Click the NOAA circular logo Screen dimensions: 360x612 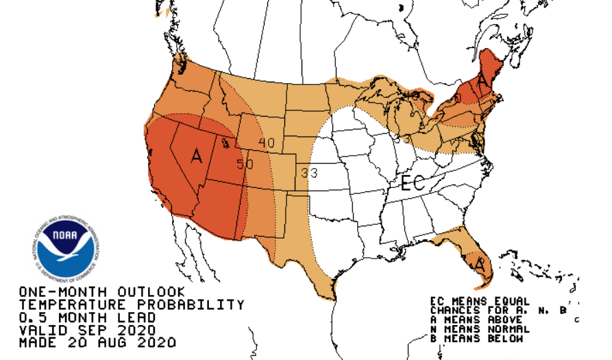coord(66,250)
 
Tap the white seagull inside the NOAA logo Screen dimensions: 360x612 coord(69,252)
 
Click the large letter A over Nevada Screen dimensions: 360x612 coord(197,156)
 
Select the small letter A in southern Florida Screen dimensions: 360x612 coord(479,263)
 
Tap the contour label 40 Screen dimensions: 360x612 coord(266,142)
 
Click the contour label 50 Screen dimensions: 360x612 coord(245,165)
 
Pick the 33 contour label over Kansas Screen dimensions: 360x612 coord(309,173)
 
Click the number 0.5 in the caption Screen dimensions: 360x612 coord(32,317)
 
